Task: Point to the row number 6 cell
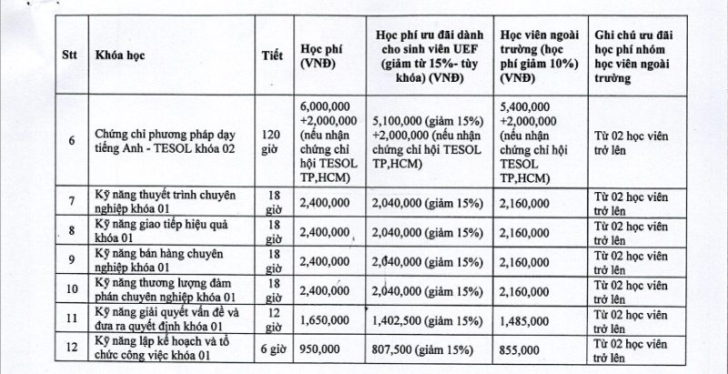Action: pyautogui.click(x=71, y=142)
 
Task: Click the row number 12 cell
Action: pyautogui.click(x=71, y=349)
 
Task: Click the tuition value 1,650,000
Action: pyautogui.click(x=321, y=321)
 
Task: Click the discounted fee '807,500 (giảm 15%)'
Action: pyautogui.click(x=422, y=349)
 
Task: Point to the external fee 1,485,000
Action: pyautogui.click(x=525, y=321)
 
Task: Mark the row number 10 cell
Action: pyautogui.click(x=71, y=291)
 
